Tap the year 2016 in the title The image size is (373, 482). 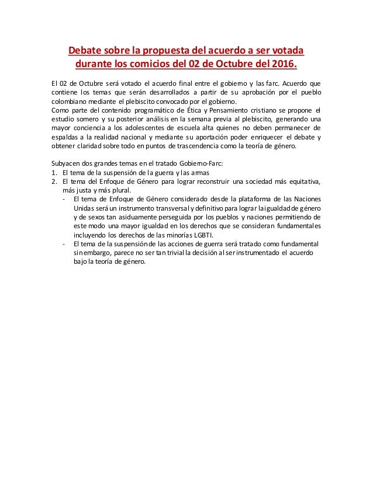point(283,62)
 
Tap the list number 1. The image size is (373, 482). point(54,172)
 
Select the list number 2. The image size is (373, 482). point(54,181)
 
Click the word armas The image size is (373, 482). point(197,172)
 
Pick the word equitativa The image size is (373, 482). point(302,181)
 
